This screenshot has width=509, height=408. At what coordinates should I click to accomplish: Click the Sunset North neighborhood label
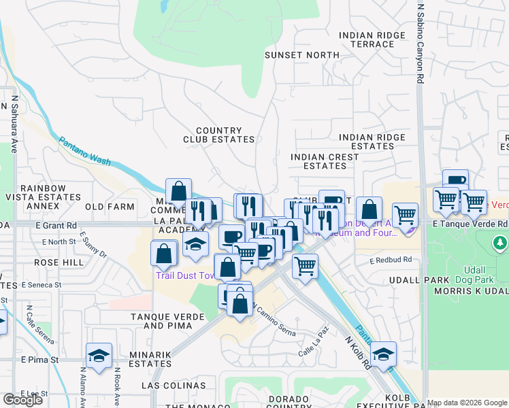(301, 54)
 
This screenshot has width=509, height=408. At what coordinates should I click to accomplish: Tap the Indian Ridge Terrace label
(367, 39)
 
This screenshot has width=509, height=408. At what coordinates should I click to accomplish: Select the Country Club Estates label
(218, 135)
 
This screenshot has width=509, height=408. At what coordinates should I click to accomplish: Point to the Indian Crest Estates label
(324, 161)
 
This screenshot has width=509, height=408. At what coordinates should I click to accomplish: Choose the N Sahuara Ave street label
(13, 123)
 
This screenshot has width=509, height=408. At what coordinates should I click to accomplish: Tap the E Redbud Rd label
(391, 260)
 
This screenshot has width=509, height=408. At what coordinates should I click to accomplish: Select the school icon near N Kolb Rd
(383, 354)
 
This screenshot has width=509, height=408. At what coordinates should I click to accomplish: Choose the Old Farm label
(109, 206)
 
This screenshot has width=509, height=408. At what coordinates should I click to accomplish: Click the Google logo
(22, 400)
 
